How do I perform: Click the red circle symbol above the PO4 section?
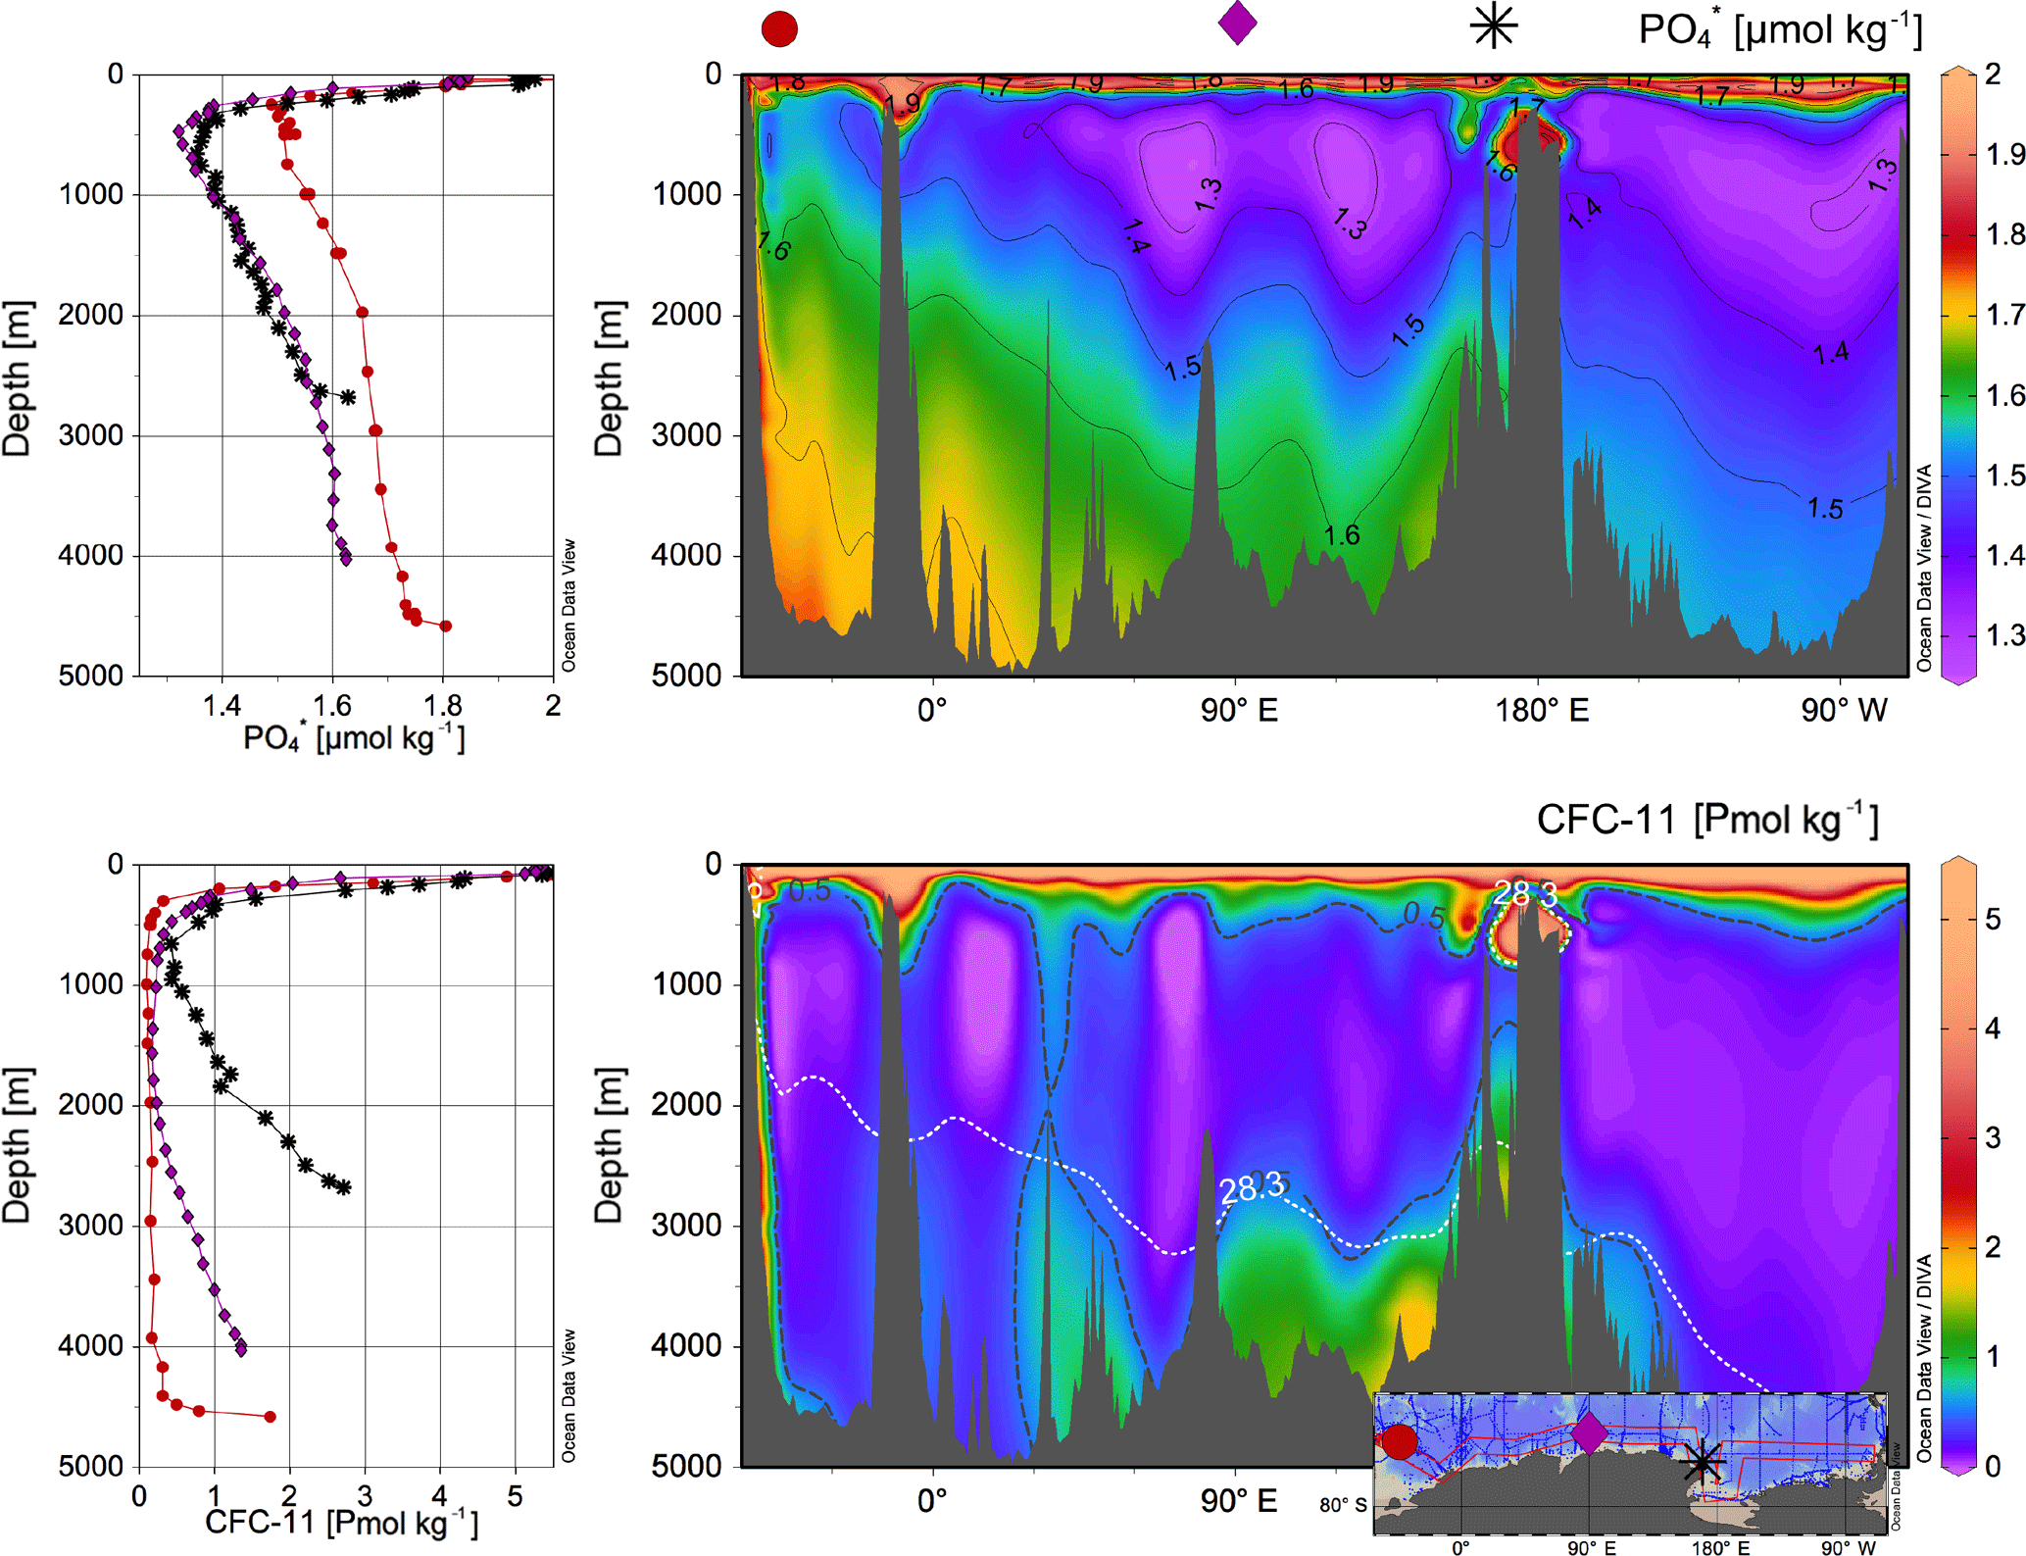[x=779, y=28]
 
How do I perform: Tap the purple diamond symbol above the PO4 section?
[x=1237, y=23]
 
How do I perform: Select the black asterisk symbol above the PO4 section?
[x=1494, y=26]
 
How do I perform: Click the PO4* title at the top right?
[x=1779, y=31]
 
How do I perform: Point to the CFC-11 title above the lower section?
[x=1706, y=820]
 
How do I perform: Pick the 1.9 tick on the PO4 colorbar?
[x=2003, y=154]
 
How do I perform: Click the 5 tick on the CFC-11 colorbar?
[x=1992, y=920]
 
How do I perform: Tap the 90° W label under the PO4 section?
[x=1844, y=710]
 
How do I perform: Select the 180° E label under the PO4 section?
[x=1541, y=710]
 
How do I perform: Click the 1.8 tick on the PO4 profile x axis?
[x=442, y=705]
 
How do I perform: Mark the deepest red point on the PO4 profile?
[x=445, y=626]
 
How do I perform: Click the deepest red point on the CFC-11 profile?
[x=271, y=1416]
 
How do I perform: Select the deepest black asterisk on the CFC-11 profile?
[x=343, y=1187]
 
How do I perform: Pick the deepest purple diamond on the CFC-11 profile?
[x=241, y=1349]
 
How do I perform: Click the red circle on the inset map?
[x=1399, y=1441]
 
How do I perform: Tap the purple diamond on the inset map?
[x=1589, y=1433]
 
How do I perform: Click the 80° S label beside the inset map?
[x=1342, y=1504]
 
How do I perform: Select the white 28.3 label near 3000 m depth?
[x=1252, y=1188]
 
